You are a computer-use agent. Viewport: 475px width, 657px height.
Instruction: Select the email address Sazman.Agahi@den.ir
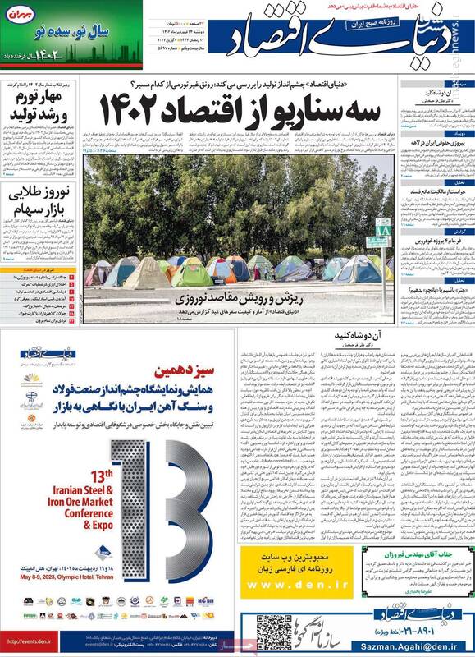[x=426, y=648]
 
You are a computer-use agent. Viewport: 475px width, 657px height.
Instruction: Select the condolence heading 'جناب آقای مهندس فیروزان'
[x=431, y=556]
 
